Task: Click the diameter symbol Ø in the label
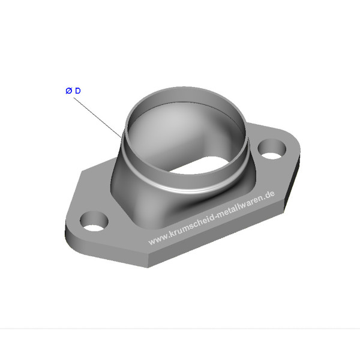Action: [x=68, y=91]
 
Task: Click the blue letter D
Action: [x=78, y=91]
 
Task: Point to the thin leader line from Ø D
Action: [x=97, y=118]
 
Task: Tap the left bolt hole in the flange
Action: [x=94, y=221]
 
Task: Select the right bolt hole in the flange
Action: [x=272, y=149]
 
